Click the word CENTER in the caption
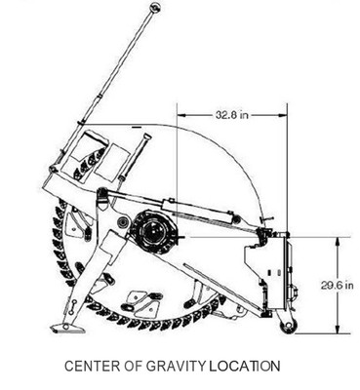pos(93,368)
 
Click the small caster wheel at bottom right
pos(288,327)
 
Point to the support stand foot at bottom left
pos(65,326)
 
